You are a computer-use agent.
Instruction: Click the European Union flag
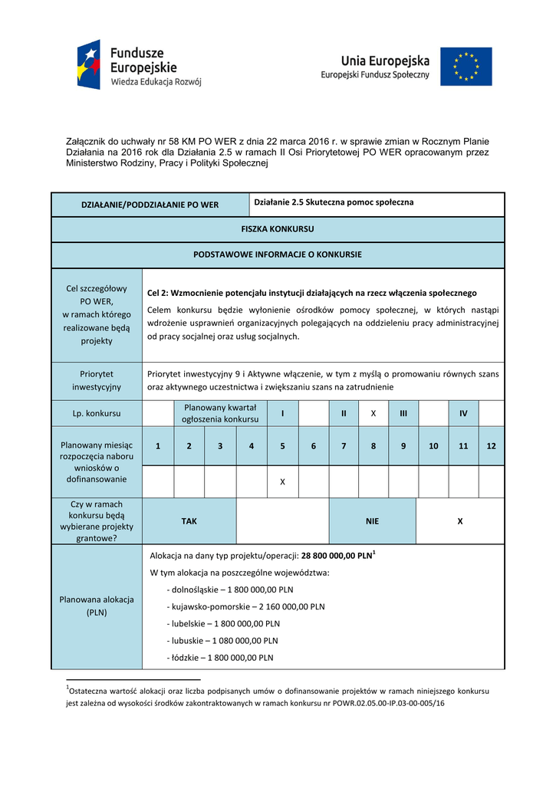466,67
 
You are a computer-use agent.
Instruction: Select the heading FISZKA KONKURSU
278,228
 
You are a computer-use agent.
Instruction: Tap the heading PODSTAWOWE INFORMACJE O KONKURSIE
278,255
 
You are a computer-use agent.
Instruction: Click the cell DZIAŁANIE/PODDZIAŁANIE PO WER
150,205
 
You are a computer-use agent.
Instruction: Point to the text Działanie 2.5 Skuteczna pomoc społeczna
334,202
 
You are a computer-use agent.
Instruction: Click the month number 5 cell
282,446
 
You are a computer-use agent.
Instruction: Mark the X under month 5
282,481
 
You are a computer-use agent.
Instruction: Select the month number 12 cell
492,446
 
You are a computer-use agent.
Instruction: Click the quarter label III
403,413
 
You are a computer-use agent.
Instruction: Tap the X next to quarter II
373,413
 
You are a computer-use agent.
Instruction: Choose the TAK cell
189,521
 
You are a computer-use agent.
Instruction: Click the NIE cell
373,521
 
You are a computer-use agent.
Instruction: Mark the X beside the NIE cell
460,521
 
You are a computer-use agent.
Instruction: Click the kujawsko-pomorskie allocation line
245,606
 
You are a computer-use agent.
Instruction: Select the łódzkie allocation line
220,658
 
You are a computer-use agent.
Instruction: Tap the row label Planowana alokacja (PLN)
97,606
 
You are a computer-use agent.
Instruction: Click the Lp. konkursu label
97,413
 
